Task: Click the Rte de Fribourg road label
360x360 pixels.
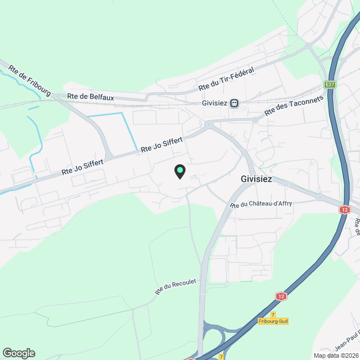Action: [x=30, y=80]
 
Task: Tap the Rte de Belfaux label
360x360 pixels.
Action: [x=91, y=97]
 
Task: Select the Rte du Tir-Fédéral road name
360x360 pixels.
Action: [x=227, y=79]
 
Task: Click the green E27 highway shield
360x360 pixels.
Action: [x=330, y=85]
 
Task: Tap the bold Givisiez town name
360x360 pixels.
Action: [x=256, y=179]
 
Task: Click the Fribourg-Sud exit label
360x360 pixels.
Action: [x=273, y=321]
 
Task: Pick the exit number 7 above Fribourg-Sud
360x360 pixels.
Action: [x=273, y=314]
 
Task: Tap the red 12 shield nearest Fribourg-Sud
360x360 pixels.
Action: [x=281, y=296]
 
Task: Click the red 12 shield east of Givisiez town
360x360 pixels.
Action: [x=344, y=209]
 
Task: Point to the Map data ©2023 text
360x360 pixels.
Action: [x=336, y=355]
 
